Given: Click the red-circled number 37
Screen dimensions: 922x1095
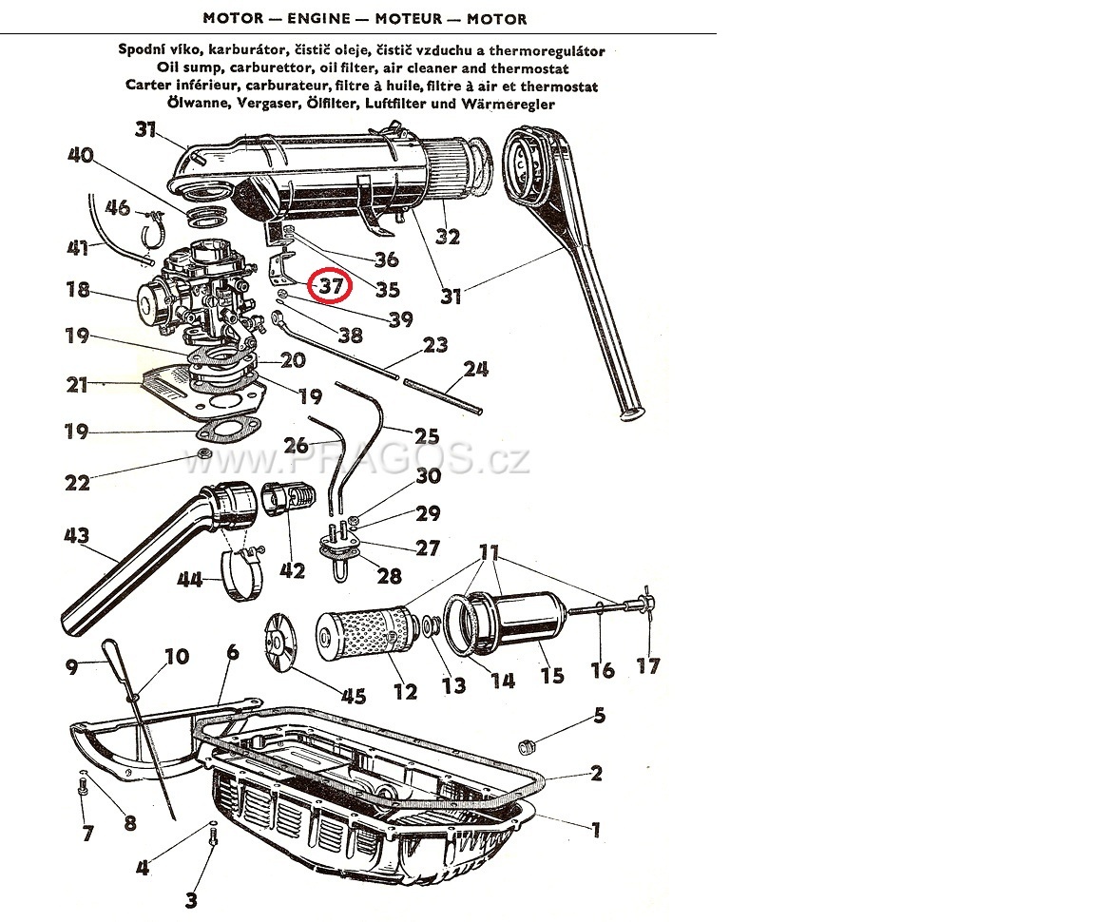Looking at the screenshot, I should (x=330, y=284).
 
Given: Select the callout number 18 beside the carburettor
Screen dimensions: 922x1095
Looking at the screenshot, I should (x=78, y=289).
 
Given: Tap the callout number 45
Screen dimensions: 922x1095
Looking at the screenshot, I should (x=353, y=697).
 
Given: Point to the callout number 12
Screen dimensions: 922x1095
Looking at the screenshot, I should (x=405, y=691).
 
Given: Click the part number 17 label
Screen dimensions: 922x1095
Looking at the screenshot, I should (x=647, y=665).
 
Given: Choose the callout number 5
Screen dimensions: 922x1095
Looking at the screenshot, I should (x=599, y=715).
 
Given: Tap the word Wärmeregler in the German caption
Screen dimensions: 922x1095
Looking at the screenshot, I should (x=513, y=104).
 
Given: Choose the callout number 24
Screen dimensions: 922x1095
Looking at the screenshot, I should (x=475, y=368).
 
